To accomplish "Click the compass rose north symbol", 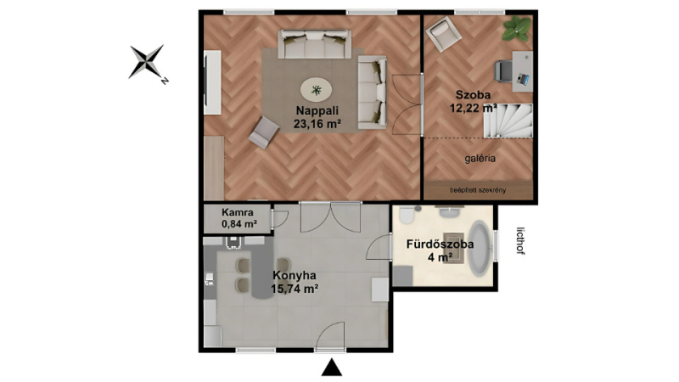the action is tap(147, 62).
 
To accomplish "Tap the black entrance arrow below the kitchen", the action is tap(332, 368).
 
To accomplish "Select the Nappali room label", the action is tap(317, 111).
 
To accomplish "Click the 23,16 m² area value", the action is tap(317, 124).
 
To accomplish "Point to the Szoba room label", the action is tap(473, 95).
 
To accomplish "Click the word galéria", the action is tap(480, 159).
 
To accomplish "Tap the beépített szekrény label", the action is tap(478, 190).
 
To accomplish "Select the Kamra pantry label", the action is tap(238, 213).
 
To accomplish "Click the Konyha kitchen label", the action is tap(295, 275).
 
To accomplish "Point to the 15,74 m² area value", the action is tap(295, 289).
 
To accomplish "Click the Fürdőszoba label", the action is tap(440, 244).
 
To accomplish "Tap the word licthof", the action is tap(521, 241).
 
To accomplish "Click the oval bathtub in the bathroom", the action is tap(479, 249).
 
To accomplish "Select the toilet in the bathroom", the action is tap(407, 215).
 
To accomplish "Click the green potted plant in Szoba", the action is tap(517, 29).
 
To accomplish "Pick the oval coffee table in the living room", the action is tap(317, 90).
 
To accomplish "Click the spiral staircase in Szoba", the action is tap(508, 121).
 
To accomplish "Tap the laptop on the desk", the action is tap(523, 79).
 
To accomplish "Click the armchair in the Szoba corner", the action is tap(443, 34).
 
